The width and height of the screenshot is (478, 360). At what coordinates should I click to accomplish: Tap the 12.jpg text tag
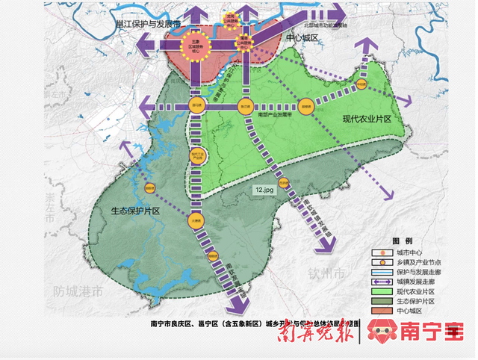[x=264, y=191]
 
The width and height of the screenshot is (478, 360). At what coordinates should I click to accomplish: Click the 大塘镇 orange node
[x=195, y=220]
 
